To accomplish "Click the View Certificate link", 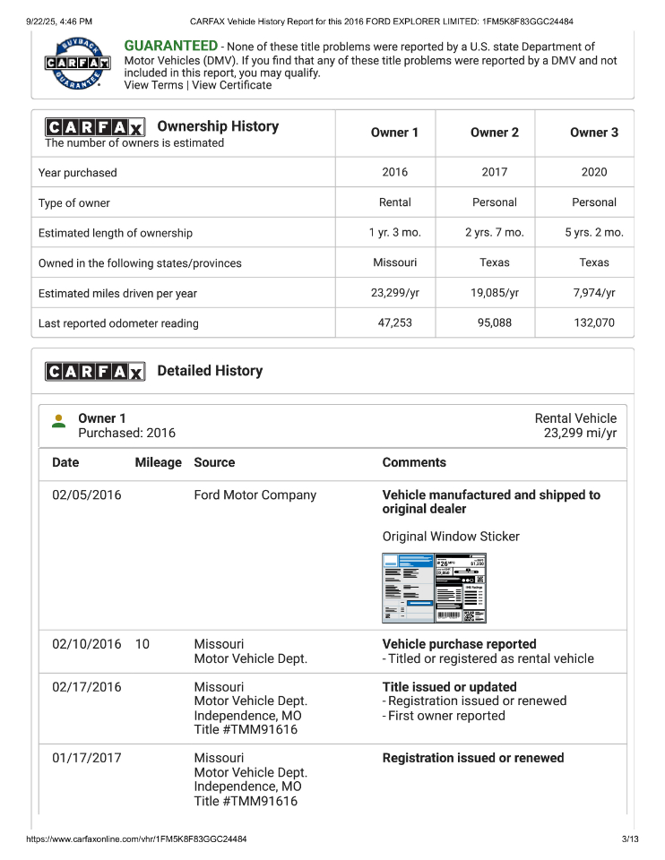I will pos(231,85).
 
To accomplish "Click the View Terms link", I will pos(153,85).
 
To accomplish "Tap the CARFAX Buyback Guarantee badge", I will pos(78,63).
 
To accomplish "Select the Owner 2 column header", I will pos(494,133).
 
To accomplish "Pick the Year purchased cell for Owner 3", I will pos(593,172).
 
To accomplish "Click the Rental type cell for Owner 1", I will pos(394,202).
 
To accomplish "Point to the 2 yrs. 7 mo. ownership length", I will pos(494,233).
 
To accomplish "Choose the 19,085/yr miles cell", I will pos(494,293).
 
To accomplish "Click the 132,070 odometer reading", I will pos(593,322).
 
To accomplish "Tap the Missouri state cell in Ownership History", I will pos(394,262).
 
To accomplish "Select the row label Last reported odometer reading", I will pos(118,323).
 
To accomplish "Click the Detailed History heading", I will pos(210,371).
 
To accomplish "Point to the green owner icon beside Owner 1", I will pos(59,421).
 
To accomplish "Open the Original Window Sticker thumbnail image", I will pos(434,588).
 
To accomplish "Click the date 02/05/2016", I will pos(86,495).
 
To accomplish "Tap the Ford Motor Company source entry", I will pos(255,495).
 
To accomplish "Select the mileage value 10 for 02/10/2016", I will pos(142,644).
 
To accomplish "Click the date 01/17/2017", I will pos(86,758).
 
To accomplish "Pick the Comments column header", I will pos(413,462).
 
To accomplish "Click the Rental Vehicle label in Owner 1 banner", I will pos(575,418).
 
